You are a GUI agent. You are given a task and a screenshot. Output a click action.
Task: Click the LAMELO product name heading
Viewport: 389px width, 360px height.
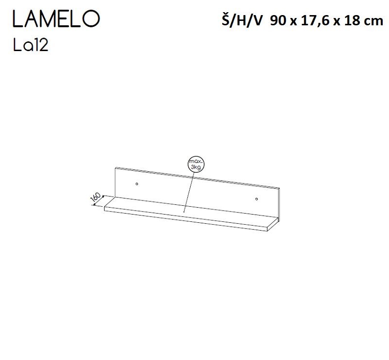pyautogui.click(x=55, y=19)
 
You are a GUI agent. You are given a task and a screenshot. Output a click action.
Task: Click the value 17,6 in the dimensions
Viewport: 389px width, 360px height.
pyautogui.click(x=313, y=21)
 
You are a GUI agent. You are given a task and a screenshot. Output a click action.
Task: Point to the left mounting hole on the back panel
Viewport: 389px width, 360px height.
pyautogui.click(x=137, y=184)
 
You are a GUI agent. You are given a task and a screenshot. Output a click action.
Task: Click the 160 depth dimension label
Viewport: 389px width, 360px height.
pyautogui.click(x=96, y=198)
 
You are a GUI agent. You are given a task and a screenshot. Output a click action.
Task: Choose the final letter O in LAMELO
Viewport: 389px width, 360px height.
pyautogui.click(x=91, y=19)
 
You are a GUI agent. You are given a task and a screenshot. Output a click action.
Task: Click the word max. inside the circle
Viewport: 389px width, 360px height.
pyautogui.click(x=196, y=161)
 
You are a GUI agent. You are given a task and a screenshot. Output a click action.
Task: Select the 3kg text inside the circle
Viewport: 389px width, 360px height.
pyautogui.click(x=196, y=167)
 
